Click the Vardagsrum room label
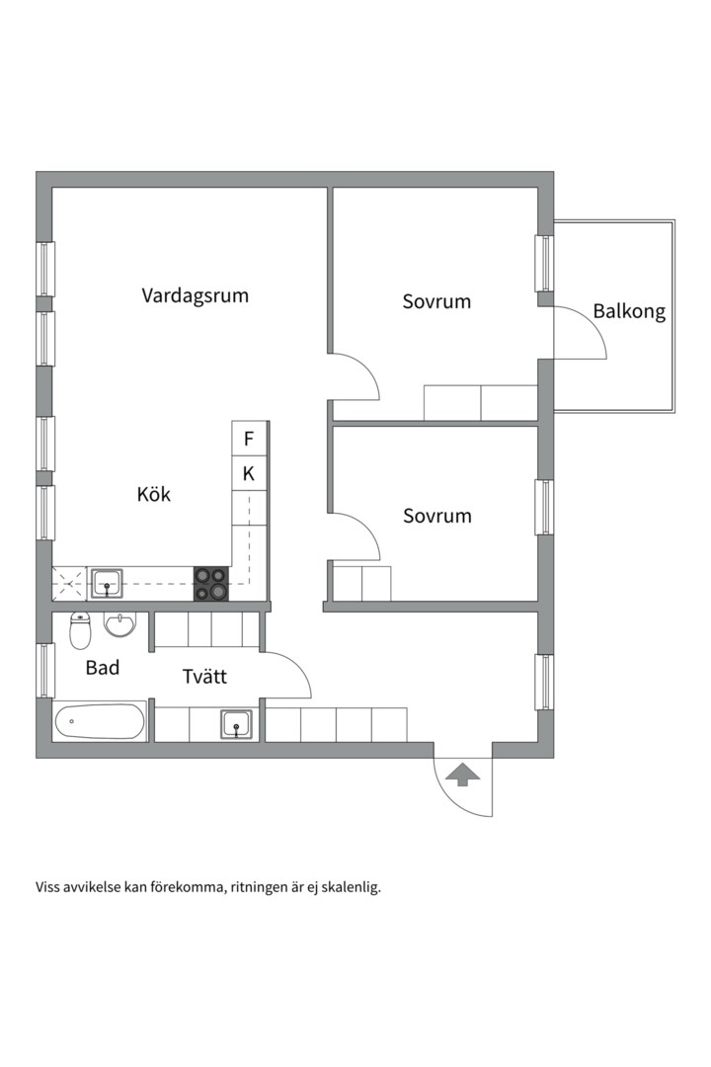point(196,296)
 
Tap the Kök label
point(154,494)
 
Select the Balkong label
point(629,311)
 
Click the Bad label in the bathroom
point(103,668)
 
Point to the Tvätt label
point(204,677)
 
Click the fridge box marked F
point(248,439)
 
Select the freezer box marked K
point(248,473)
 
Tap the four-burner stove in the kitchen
point(211,585)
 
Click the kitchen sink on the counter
point(107,584)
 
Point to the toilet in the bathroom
point(80,630)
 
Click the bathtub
point(100,721)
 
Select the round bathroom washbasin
point(119,624)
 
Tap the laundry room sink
point(237,724)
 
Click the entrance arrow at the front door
point(463,775)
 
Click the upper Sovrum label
point(436,301)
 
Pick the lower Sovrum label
point(437,516)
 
